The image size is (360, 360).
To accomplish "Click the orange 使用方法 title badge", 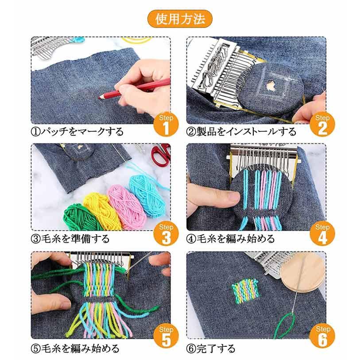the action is pyautogui.click(x=180, y=19).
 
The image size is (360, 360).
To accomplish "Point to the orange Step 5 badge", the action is pyautogui.click(x=166, y=336).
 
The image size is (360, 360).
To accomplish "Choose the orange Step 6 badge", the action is pyautogui.click(x=322, y=336).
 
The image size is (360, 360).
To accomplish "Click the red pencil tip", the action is pyautogui.click(x=100, y=97).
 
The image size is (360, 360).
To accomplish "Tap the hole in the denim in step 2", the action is pyautogui.click(x=271, y=86).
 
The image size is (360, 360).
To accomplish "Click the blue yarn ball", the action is pyautogui.click(x=147, y=195).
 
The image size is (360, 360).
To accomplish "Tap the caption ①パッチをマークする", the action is pyautogui.click(x=77, y=132).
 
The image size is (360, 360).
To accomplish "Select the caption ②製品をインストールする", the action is pyautogui.click(x=241, y=132).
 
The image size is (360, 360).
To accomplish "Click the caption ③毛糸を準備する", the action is pyautogui.click(x=70, y=239).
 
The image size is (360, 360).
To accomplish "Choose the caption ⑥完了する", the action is pyautogui.click(x=211, y=348).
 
